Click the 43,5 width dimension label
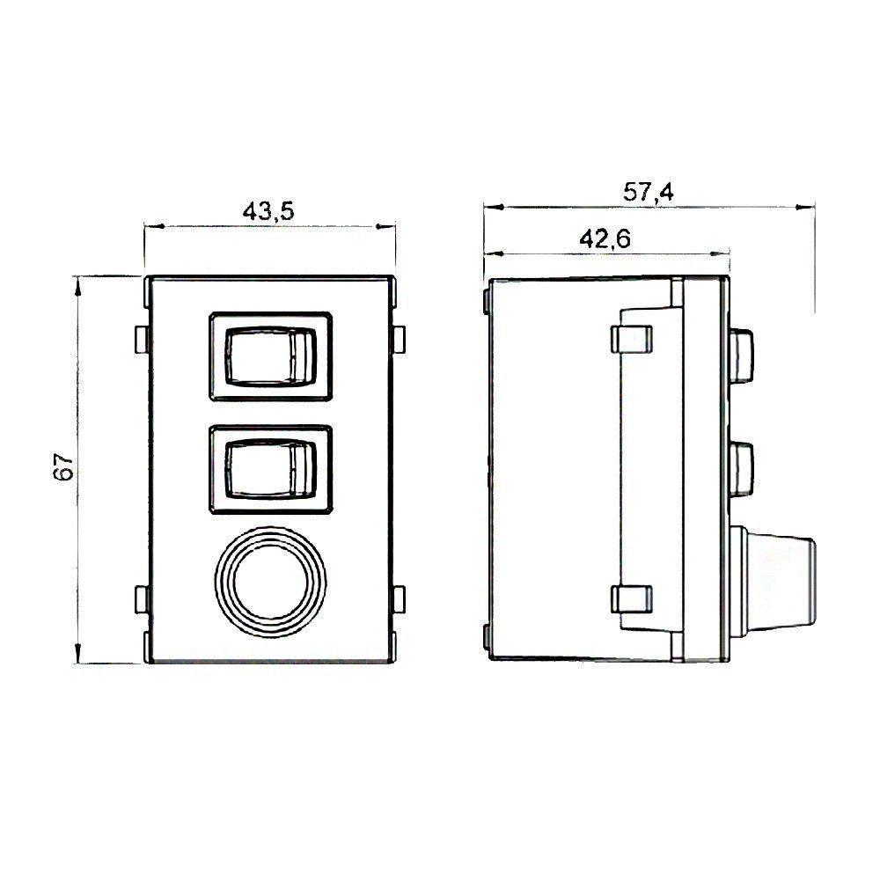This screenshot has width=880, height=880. click(x=268, y=211)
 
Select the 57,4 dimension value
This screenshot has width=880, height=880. click(x=649, y=192)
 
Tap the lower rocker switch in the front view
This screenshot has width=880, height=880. click(x=270, y=468)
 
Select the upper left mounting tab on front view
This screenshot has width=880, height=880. click(x=141, y=339)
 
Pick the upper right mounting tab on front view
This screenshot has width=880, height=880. click(x=400, y=339)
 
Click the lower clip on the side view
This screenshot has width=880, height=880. click(x=631, y=599)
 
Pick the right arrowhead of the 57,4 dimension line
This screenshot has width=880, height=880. click(x=806, y=208)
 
